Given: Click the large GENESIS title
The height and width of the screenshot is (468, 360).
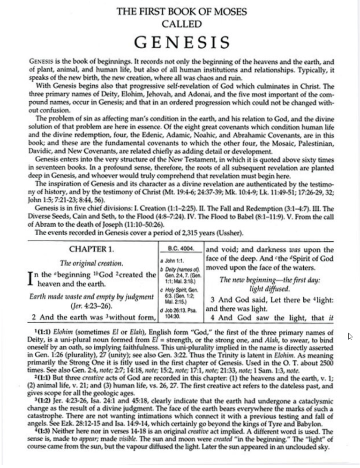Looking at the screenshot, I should pyautogui.click(x=182, y=43).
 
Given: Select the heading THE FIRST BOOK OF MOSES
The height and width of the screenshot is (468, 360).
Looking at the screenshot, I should pyautogui.click(x=182, y=12).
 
